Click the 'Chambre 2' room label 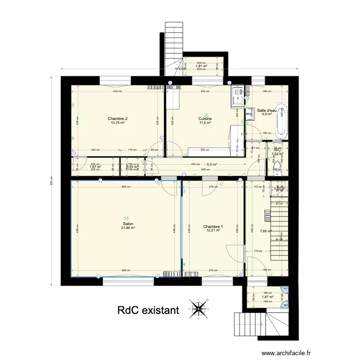118,119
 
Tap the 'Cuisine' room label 205,119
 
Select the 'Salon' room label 128,224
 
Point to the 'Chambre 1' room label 213,227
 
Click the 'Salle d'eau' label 267,111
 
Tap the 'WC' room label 277,150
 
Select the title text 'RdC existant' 148,311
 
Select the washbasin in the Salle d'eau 250,114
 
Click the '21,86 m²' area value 128,228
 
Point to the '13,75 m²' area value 118,123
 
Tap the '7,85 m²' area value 265,231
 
